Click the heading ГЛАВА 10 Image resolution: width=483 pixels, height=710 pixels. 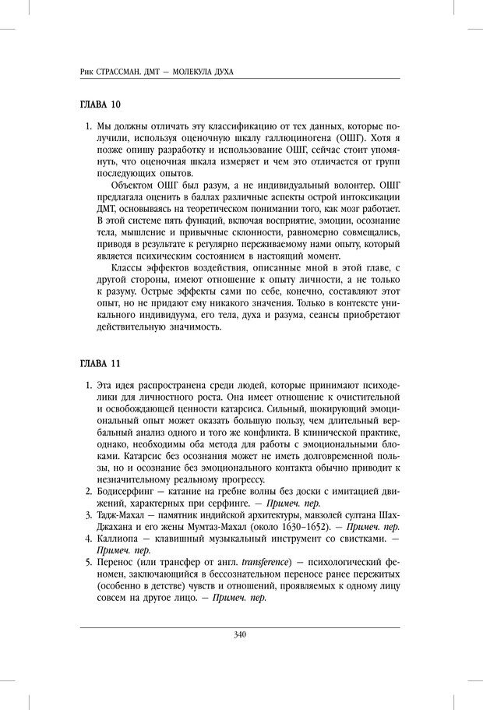click(x=101, y=103)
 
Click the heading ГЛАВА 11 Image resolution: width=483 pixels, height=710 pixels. click(x=101, y=364)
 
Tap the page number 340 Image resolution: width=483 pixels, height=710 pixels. click(x=241, y=634)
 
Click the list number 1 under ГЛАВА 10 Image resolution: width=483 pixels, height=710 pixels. click(x=86, y=125)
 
